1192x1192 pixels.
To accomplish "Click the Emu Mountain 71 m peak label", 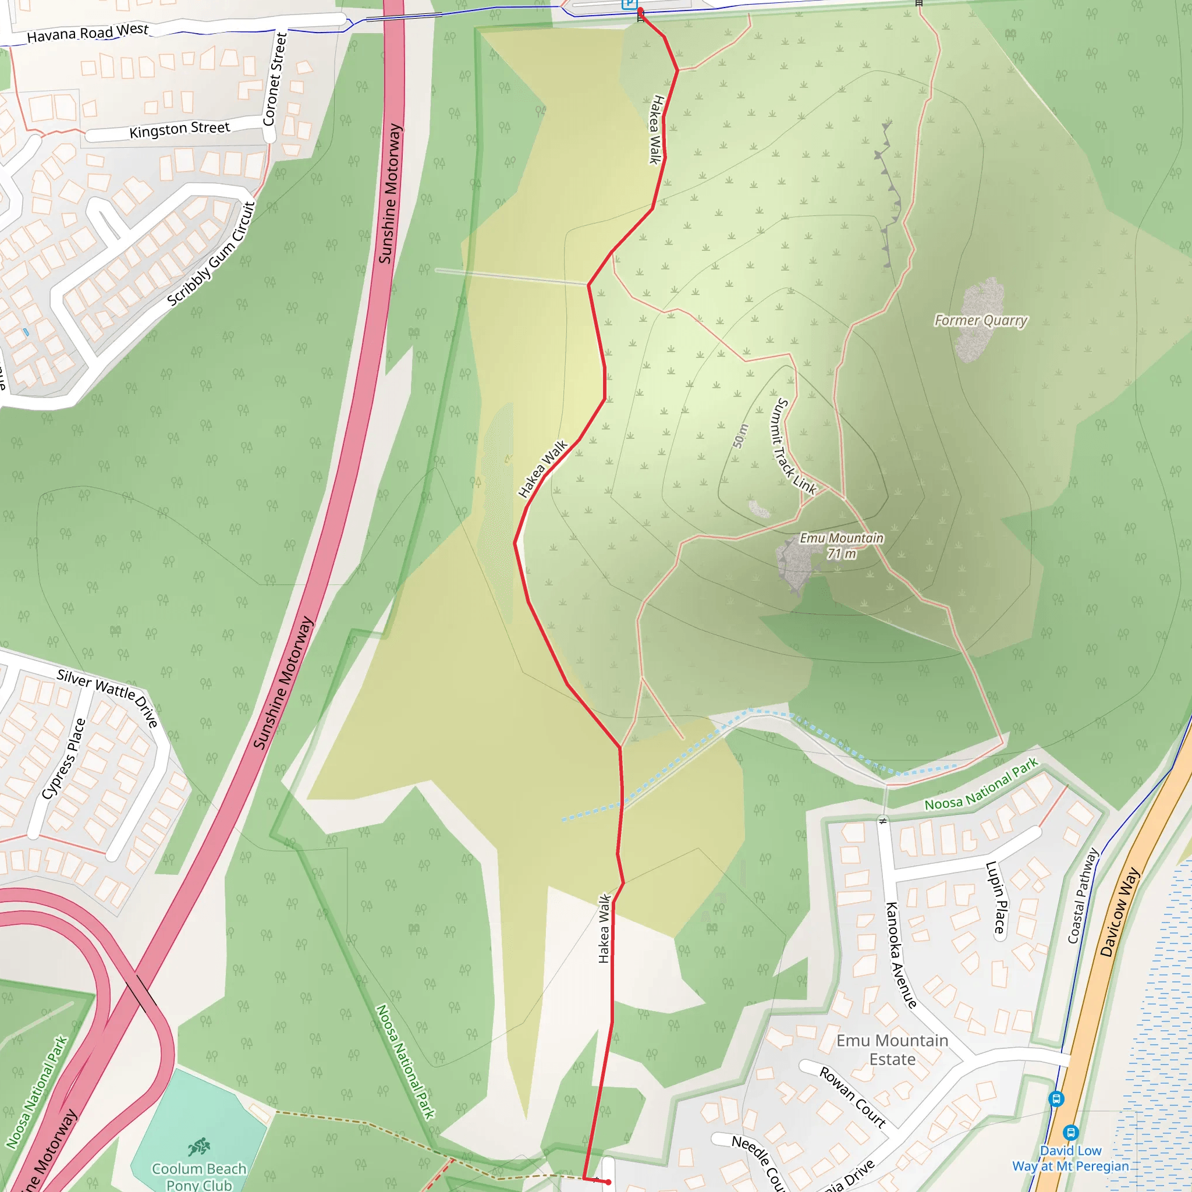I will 842,545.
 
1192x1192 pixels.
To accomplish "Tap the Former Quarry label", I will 980,320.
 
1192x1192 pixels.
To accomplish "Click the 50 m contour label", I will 740,436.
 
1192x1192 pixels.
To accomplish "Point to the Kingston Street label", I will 179,130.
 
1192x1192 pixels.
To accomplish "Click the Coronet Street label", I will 275,79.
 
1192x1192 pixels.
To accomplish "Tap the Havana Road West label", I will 88,33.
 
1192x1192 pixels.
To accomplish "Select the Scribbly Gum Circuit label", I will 212,254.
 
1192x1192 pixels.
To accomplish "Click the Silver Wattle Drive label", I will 108,698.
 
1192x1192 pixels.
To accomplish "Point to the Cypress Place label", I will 63,759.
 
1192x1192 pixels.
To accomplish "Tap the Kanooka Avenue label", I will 901,955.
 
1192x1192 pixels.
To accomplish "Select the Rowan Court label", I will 853,1097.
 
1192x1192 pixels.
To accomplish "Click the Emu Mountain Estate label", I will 892,1049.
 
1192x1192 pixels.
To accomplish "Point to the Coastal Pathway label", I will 1083,896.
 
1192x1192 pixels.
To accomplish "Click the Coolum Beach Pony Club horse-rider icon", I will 198,1147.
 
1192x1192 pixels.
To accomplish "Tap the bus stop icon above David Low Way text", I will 1070,1132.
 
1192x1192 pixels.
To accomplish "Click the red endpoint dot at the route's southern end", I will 608,1182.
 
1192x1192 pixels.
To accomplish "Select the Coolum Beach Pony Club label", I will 198,1176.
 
